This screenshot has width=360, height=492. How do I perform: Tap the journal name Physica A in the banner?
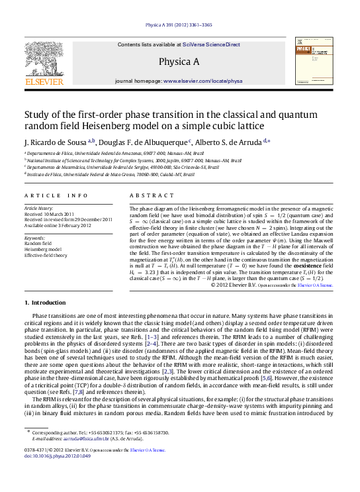(x=179, y=62)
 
